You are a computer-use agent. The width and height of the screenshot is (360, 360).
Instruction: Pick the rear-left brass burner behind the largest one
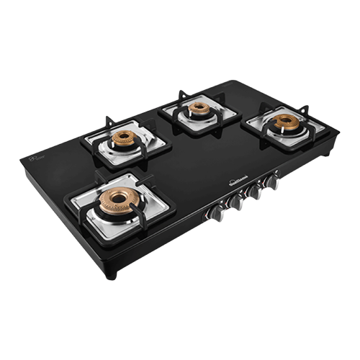tap(125, 138)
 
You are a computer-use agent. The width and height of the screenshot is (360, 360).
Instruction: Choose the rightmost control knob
tap(272, 181)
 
